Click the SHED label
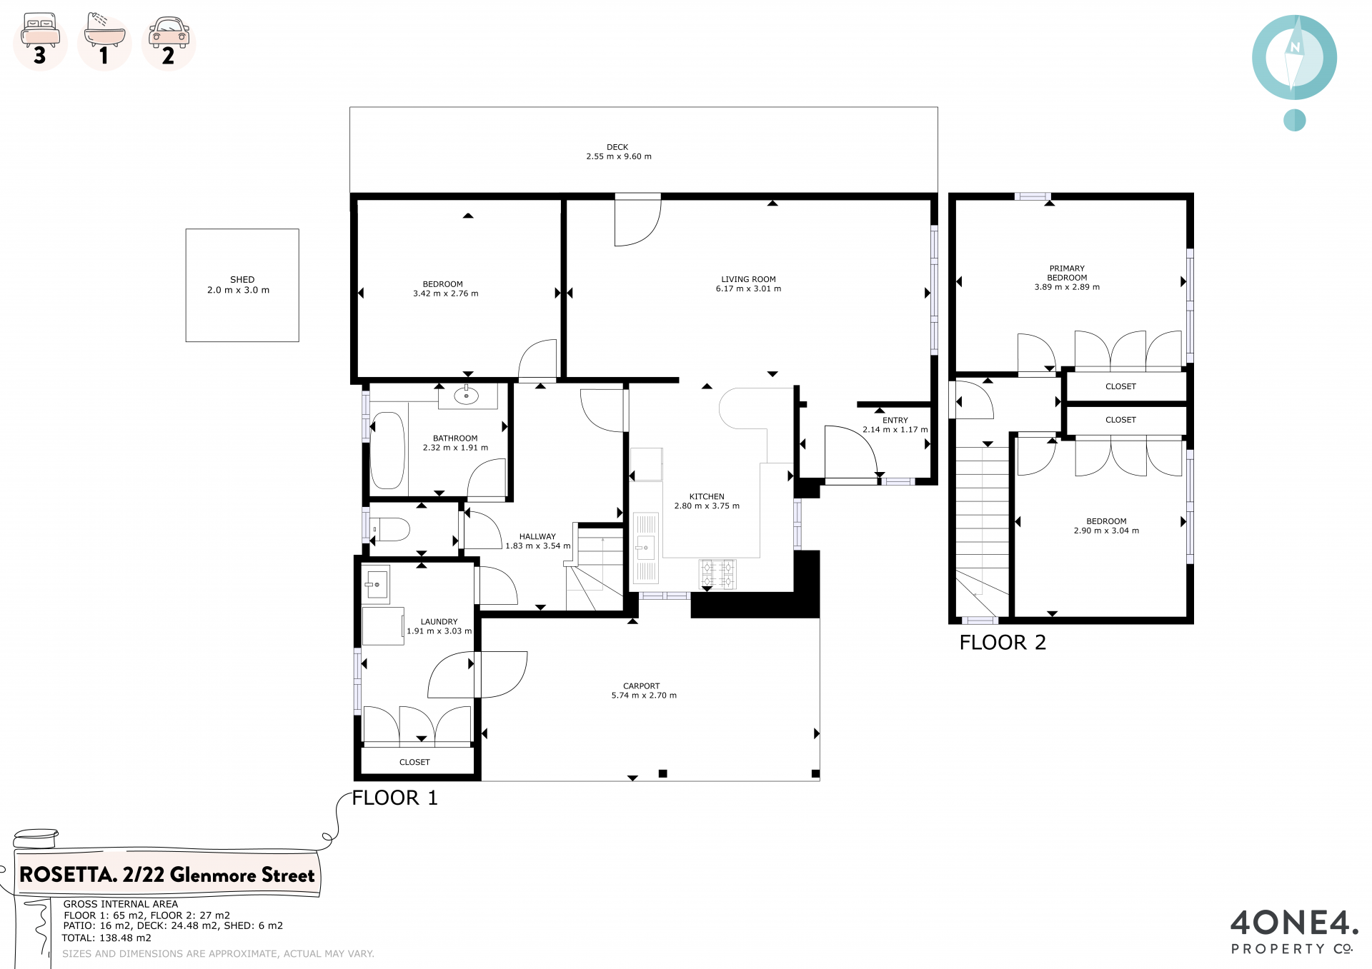pyautogui.click(x=242, y=279)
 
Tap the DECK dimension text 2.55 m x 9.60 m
pyautogui.click(x=619, y=156)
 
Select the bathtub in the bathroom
pyautogui.click(x=387, y=451)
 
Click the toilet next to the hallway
pyautogui.click(x=390, y=530)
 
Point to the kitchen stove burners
pyautogui.click(x=717, y=574)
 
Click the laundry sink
pyautogui.click(x=375, y=585)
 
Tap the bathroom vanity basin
pyautogui.click(x=467, y=395)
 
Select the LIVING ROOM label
pyautogui.click(x=748, y=279)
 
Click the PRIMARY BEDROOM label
pyautogui.click(x=1067, y=273)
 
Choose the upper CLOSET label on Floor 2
pyautogui.click(x=1120, y=386)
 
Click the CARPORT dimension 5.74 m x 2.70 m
pyautogui.click(x=644, y=696)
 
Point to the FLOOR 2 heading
pyautogui.click(x=1003, y=643)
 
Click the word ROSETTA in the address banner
pyautogui.click(x=68, y=875)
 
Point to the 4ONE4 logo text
pyautogui.click(x=1294, y=923)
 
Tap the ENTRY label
pyautogui.click(x=895, y=421)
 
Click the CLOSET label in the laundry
pyautogui.click(x=414, y=762)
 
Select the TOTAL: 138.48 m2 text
pyautogui.click(x=106, y=938)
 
